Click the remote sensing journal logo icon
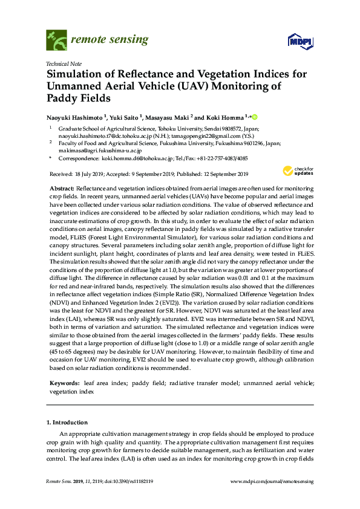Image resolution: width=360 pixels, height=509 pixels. pyautogui.click(x=56, y=41)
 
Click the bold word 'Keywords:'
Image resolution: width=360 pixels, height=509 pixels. pyautogui.click(x=64, y=383)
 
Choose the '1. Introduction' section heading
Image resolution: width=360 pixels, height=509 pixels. pyautogui.click(x=67, y=422)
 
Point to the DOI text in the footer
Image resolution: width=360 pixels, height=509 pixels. pyautogui.click(x=128, y=481)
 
